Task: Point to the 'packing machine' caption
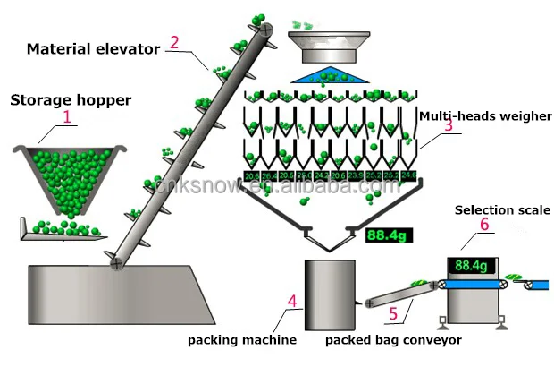click(241, 340)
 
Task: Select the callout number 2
click(174, 41)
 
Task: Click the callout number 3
click(448, 127)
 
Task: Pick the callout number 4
click(292, 315)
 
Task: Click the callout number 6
click(484, 226)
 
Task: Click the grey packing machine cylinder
click(331, 294)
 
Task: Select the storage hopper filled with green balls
click(66, 175)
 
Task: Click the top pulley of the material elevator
click(266, 30)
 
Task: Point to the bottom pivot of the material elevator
click(115, 264)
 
